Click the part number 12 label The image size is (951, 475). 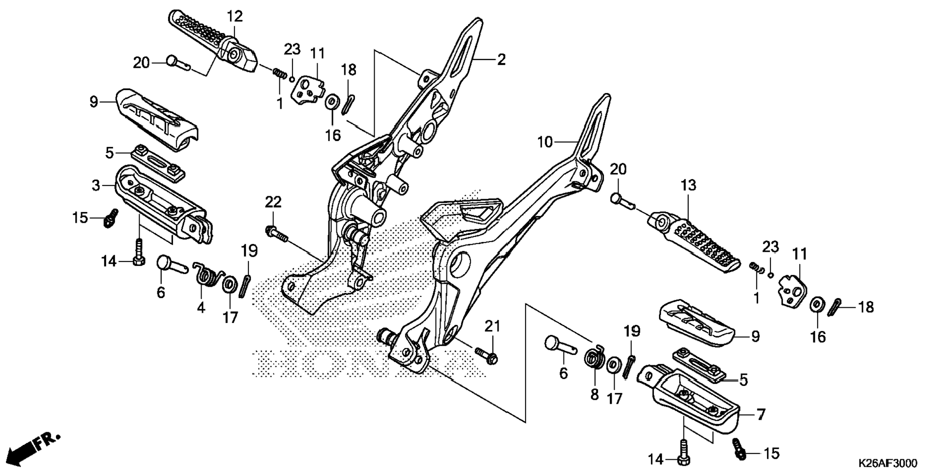coord(235,16)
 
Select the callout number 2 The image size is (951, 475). coord(501,59)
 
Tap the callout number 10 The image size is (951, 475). coord(545,142)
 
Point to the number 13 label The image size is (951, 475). coord(688,185)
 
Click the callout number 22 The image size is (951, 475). coord(273,202)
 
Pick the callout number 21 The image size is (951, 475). coord(492,326)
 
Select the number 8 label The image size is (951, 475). coord(594,394)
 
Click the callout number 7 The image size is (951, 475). coord(761,415)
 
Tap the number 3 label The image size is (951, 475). coord(96,185)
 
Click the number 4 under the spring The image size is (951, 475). coord(201,307)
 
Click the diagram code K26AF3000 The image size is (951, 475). coord(888,464)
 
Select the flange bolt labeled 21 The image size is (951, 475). coord(486,356)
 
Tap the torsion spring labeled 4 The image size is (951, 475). coord(208,276)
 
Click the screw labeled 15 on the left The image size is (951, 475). coord(111,219)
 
